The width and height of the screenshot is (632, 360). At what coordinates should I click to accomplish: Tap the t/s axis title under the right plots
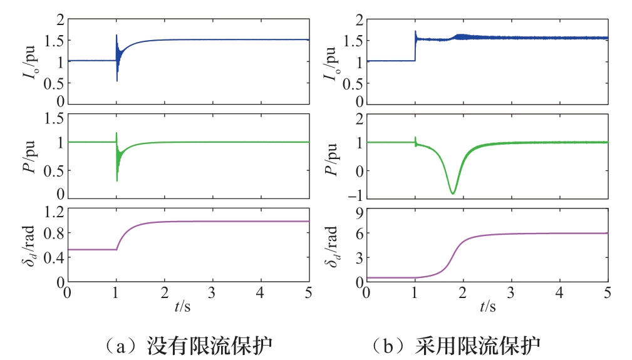coord(487,307)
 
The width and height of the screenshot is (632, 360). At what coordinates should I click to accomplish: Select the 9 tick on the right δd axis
coord(359,212)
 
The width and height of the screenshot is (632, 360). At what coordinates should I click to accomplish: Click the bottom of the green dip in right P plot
coord(453,193)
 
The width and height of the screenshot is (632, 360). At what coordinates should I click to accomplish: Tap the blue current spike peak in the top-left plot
coord(117,35)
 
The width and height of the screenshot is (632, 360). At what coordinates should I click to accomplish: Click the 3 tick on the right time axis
coord(512,292)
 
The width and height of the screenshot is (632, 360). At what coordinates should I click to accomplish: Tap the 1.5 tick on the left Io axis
coord(55,41)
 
